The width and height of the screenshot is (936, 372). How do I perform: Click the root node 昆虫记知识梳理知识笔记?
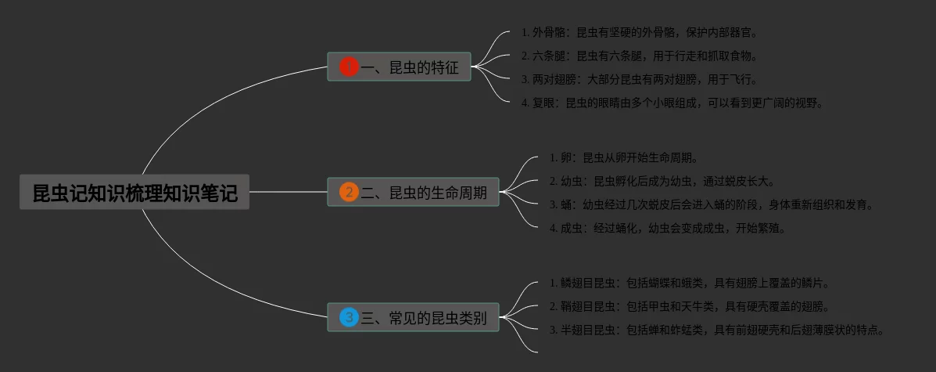click(x=134, y=193)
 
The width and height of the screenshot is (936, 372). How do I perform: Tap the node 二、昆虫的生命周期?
click(x=423, y=192)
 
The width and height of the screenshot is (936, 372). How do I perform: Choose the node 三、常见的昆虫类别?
click(x=423, y=318)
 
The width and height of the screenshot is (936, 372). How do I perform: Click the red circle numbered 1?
click(x=349, y=67)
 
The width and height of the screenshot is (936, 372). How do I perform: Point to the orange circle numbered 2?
click(x=349, y=192)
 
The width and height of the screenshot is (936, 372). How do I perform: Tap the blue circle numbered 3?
click(x=349, y=318)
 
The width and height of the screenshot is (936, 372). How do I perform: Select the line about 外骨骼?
click(x=639, y=33)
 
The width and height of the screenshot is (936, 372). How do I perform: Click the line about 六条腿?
click(x=639, y=56)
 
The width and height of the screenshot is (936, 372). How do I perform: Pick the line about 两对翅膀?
click(x=639, y=79)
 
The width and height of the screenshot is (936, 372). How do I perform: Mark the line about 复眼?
click(x=672, y=103)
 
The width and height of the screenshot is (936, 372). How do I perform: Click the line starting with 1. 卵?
click(x=623, y=157)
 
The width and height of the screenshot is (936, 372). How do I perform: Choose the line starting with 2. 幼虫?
click(x=662, y=181)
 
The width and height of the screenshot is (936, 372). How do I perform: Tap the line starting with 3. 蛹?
click(x=711, y=204)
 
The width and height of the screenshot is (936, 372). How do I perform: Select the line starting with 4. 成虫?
click(x=667, y=228)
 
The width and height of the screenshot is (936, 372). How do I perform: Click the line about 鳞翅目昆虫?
click(x=689, y=283)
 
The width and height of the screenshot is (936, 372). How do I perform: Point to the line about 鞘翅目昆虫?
click(x=689, y=306)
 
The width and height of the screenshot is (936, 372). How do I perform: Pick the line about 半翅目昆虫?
click(x=716, y=330)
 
